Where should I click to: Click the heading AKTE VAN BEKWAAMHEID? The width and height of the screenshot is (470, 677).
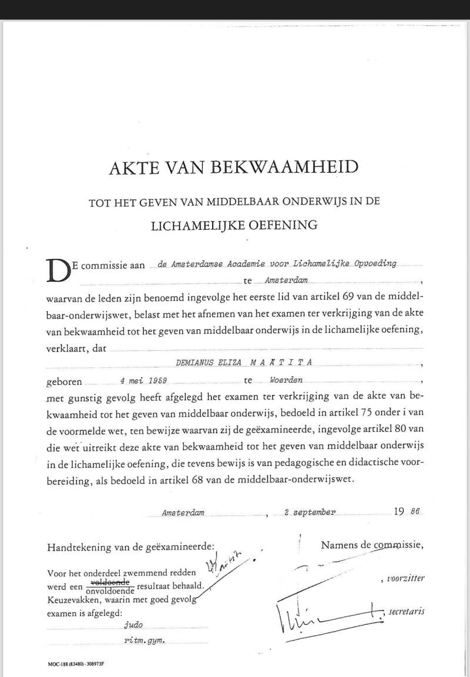pos(233,167)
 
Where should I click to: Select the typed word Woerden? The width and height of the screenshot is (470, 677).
pos(286,381)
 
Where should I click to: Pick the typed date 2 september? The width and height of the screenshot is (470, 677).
pos(310,512)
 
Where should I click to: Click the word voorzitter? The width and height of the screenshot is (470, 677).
pos(405,578)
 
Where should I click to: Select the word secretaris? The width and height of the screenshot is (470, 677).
pos(406,612)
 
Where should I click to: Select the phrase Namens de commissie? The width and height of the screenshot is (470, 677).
pos(371,545)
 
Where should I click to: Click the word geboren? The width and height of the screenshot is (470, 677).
pos(65,381)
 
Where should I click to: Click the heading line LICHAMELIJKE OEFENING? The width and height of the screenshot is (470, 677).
pos(233,224)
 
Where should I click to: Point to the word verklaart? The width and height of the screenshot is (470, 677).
pos(68,348)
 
